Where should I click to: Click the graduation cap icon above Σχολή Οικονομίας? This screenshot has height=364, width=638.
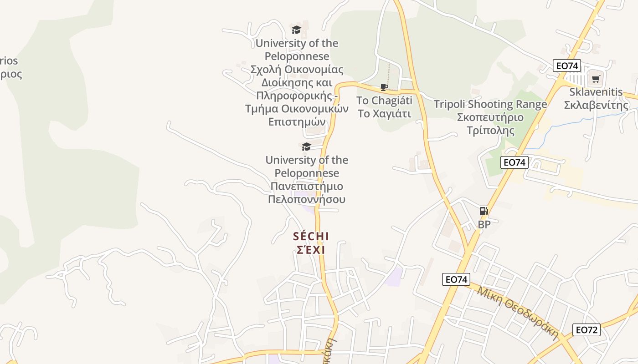coord(297,30)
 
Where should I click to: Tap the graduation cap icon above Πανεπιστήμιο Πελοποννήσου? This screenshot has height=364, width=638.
coord(306,147)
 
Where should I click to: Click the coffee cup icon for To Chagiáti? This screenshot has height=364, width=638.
coord(384,87)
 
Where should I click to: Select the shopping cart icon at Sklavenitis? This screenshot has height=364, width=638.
coord(595,79)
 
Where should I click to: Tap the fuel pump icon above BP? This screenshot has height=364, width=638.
coord(484,211)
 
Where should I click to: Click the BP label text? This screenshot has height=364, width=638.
coord(484,224)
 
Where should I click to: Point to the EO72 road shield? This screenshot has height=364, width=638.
coord(586,330)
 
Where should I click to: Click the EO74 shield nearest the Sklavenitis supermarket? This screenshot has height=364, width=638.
coord(567,66)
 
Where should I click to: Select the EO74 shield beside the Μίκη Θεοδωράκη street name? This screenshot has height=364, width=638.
coord(456,279)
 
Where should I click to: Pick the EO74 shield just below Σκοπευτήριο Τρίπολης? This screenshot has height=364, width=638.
coord(515,162)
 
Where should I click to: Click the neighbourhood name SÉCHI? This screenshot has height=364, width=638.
coord(311,237)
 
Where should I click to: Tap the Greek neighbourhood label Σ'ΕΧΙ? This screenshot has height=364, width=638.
coord(311,250)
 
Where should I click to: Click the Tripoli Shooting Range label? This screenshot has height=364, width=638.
coord(490,104)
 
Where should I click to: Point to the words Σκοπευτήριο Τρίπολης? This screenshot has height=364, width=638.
coord(490,124)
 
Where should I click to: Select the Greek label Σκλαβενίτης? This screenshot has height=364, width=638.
coord(596,105)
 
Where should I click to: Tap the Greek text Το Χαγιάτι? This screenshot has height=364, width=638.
coord(384,113)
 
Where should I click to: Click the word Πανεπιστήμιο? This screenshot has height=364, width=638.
coord(307,186)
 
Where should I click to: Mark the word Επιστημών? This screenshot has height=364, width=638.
coord(297,122)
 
